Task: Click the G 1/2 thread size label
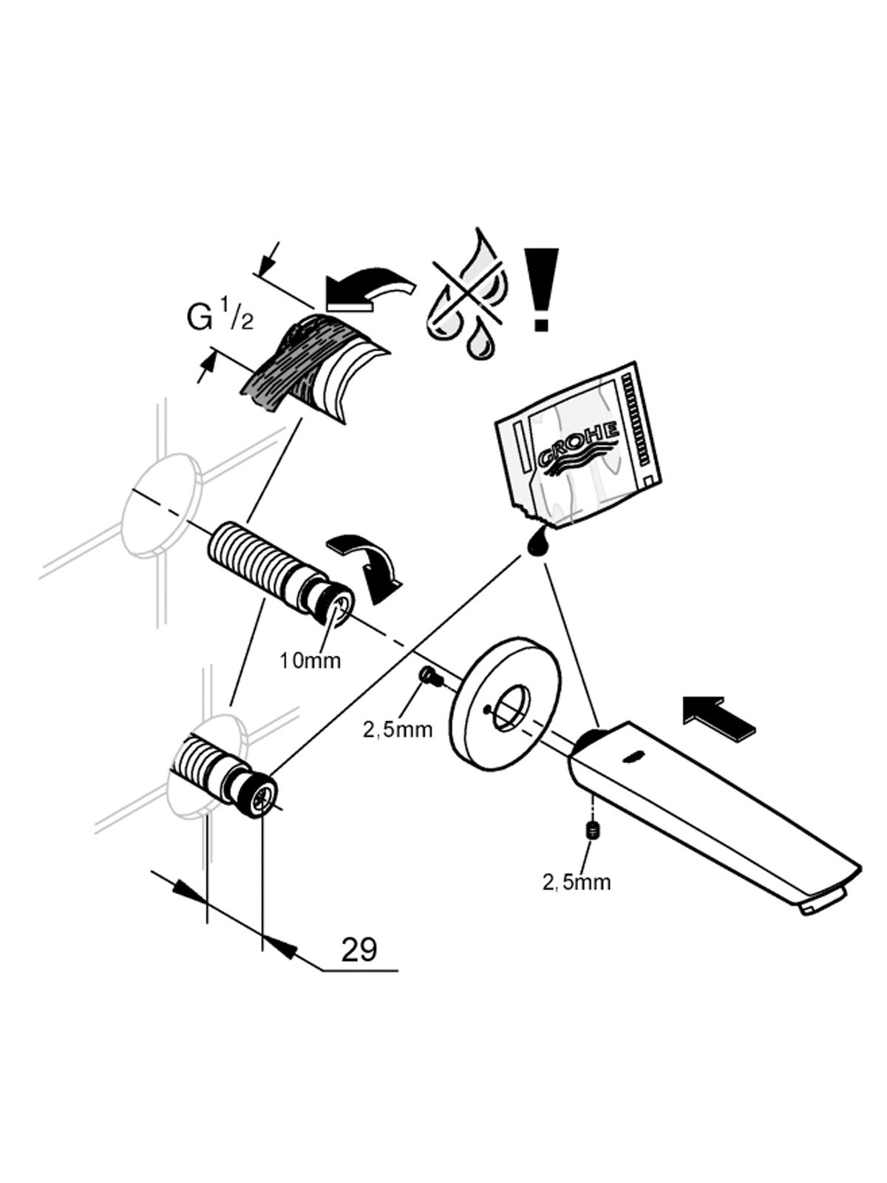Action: tap(220, 319)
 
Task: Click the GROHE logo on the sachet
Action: tap(579, 445)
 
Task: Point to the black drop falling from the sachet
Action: tap(537, 543)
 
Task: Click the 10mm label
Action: tap(310, 660)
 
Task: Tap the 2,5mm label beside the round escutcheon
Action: tap(398, 729)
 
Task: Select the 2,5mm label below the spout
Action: tap(577, 882)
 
